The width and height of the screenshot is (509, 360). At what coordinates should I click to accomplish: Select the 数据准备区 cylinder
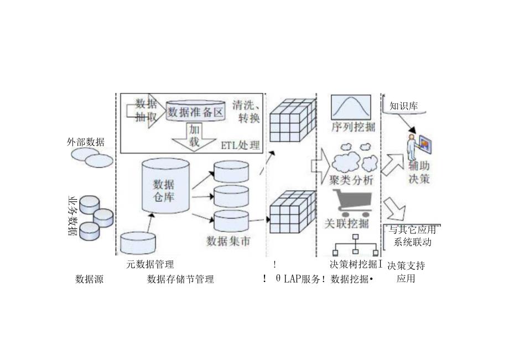196,111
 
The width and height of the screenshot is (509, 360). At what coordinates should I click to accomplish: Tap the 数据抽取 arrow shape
146,110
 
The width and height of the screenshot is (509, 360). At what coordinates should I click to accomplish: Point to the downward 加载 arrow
194,136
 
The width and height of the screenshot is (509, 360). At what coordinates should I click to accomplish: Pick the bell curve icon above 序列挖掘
352,107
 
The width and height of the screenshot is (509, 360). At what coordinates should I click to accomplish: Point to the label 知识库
403,106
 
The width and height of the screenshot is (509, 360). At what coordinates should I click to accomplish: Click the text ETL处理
240,145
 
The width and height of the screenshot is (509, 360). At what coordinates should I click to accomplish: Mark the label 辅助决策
419,172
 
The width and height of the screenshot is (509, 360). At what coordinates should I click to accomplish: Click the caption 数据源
89,279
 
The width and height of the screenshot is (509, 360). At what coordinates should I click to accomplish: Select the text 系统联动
412,242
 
